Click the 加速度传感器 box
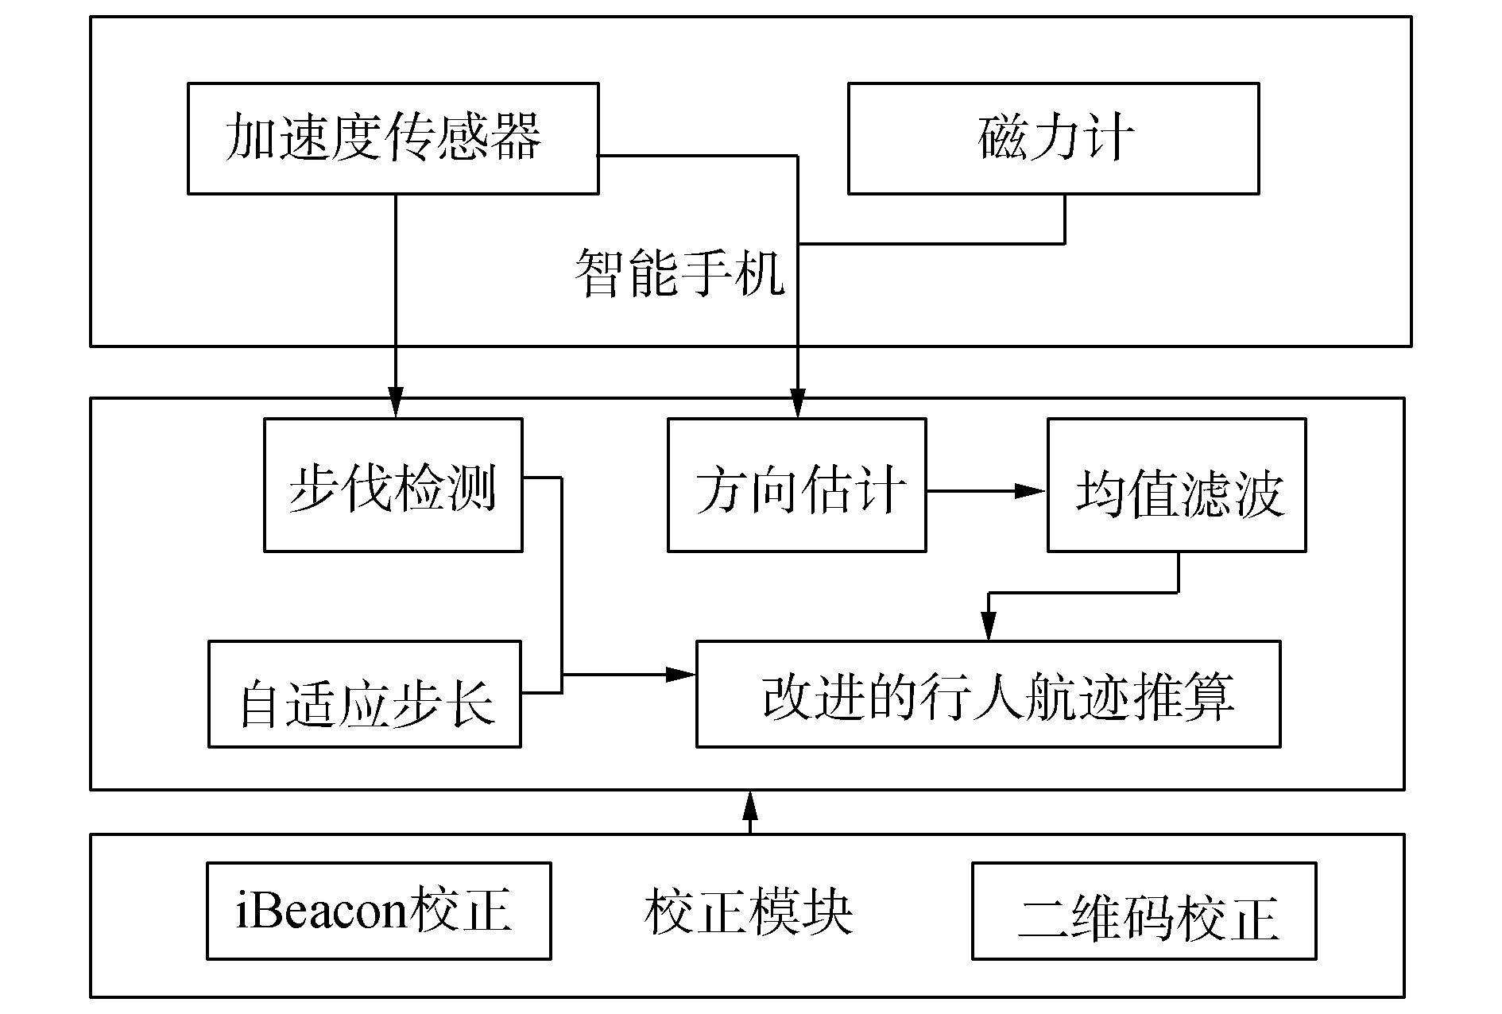[393, 138]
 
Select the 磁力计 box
[1053, 138]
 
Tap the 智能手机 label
[679, 273]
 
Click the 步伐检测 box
[393, 486]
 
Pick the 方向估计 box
[796, 486]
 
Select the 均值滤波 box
[1176, 486]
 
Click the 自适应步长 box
[364, 695]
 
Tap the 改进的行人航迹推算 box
[988, 695]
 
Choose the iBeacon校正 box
[378, 911]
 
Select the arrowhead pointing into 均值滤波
[1032, 492]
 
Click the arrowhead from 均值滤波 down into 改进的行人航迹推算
[988, 628]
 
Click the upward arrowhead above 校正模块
[749, 807]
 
